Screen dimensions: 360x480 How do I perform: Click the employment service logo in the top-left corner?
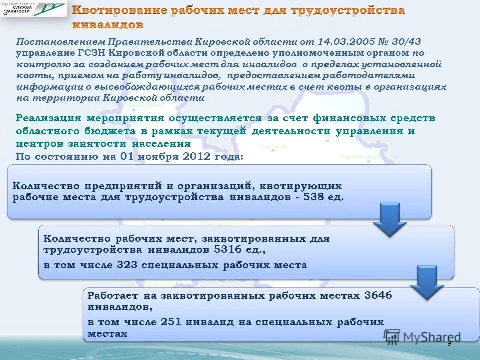click(33, 9)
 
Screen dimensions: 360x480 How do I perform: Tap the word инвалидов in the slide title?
click(107, 24)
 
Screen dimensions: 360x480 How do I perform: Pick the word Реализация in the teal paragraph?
click(48, 118)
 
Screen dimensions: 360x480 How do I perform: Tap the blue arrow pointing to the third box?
click(427, 282)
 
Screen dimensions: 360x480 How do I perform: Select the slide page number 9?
click(449, 343)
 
